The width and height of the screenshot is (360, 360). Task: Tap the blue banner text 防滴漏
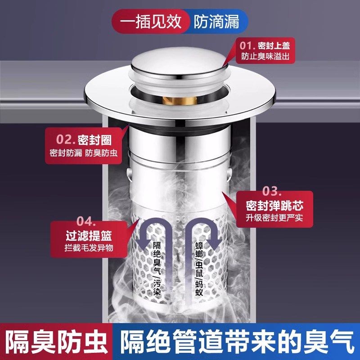pos(216,21)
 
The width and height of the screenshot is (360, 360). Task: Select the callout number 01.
pos(247,46)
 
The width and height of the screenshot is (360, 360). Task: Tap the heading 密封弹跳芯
pos(274,206)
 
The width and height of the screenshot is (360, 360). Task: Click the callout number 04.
pos(85,221)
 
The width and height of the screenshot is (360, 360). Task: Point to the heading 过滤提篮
pos(87,235)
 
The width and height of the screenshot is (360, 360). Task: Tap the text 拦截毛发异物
pos(87,247)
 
